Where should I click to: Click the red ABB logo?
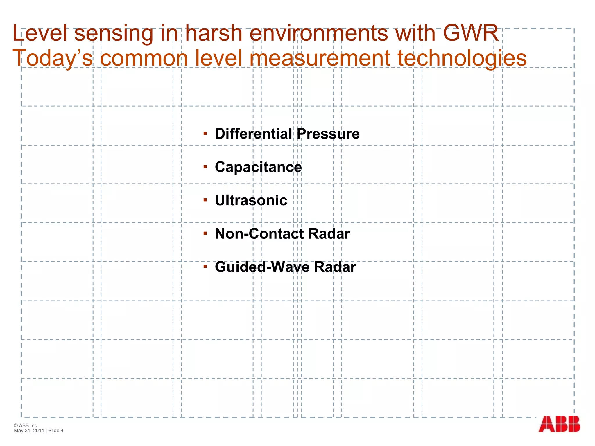(x=559, y=424)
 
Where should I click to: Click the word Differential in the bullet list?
(x=253, y=134)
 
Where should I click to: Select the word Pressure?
(x=328, y=134)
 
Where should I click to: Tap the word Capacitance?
(x=258, y=167)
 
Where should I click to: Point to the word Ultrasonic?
(x=251, y=200)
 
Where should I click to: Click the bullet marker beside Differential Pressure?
(x=205, y=133)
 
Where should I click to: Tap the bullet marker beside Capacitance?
(x=205, y=167)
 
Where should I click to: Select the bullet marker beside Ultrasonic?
(x=205, y=200)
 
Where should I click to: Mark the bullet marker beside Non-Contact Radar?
(x=205, y=233)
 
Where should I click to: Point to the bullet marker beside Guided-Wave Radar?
(x=205, y=266)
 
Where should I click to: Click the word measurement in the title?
(x=320, y=58)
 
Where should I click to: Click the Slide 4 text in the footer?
(x=56, y=431)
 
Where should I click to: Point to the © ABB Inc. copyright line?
(x=26, y=425)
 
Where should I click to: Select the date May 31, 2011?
(x=29, y=431)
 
